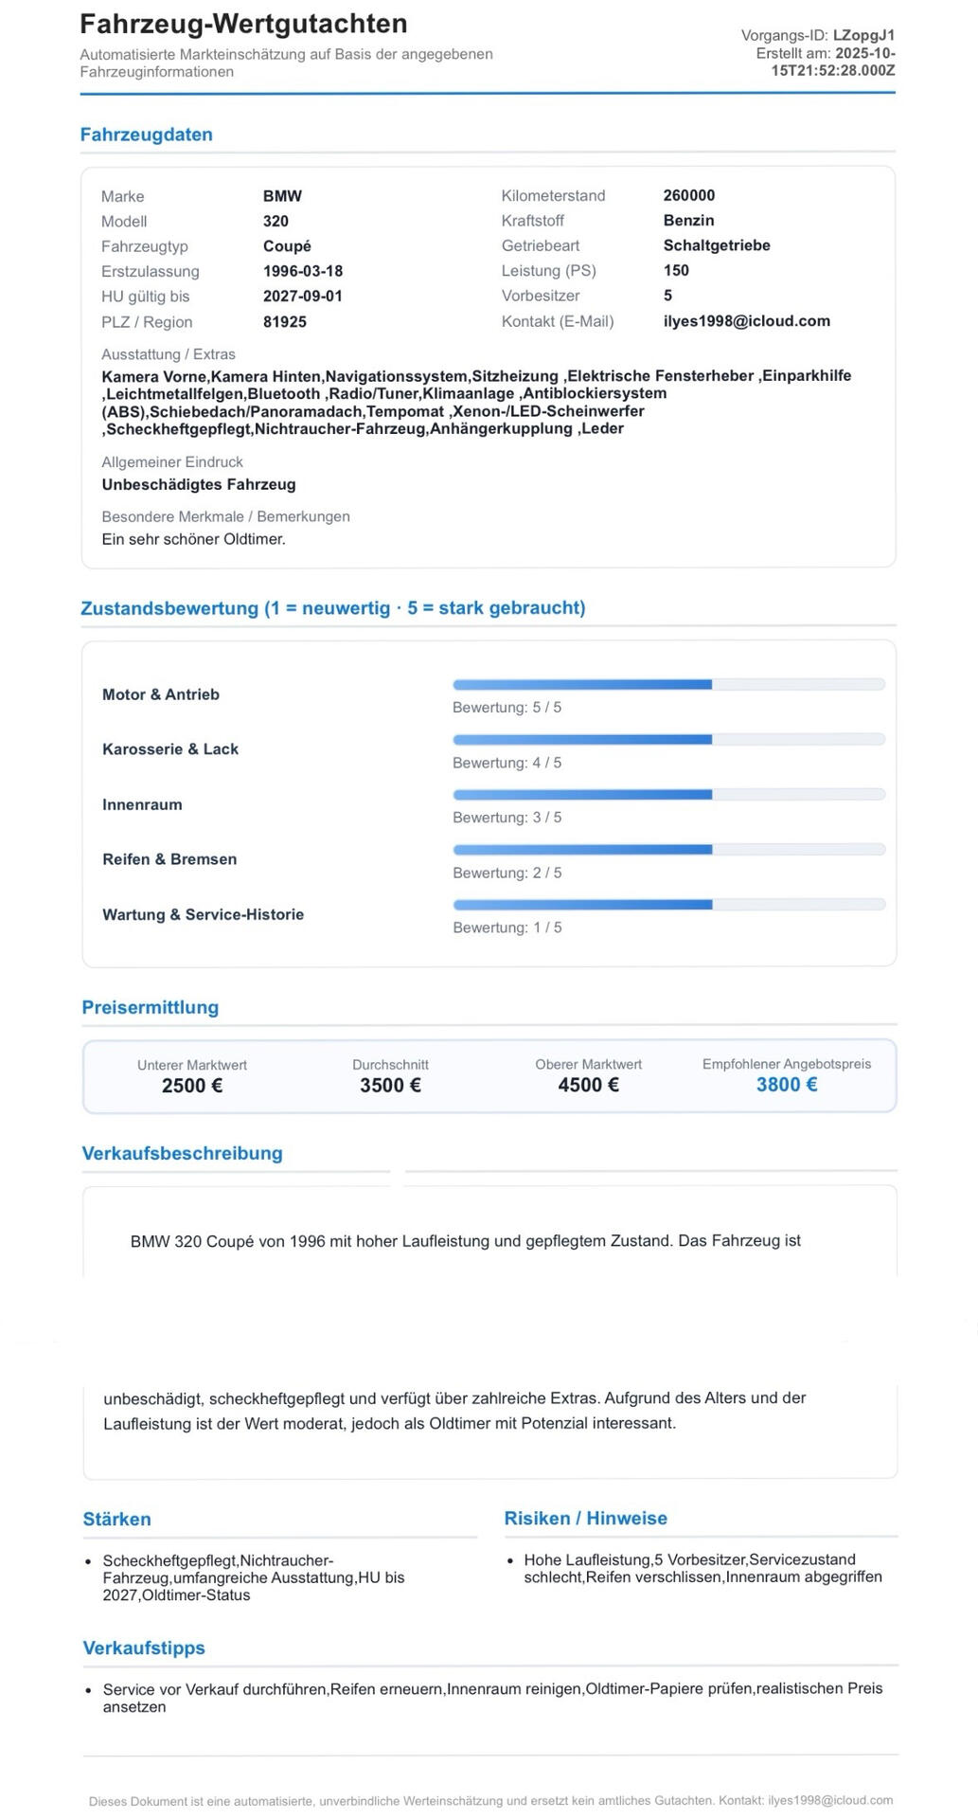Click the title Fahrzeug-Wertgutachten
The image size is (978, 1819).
pos(243,24)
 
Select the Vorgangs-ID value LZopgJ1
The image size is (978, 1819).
pos(863,36)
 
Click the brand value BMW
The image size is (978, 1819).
pos(282,196)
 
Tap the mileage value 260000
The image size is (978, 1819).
pos(688,195)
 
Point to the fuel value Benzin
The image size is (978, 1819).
pos(688,221)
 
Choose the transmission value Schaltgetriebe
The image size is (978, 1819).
pos(716,245)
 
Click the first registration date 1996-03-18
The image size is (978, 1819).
pos(302,271)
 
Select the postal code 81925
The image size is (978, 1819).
pos(284,322)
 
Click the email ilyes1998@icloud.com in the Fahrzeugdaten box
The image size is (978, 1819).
pos(746,321)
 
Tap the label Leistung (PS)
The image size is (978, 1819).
pos(548,271)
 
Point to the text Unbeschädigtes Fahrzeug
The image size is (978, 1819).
pos(199,484)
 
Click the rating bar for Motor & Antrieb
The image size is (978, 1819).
pos(668,684)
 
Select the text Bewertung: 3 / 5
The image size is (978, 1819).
pos(507,818)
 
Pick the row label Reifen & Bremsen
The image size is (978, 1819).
pos(169,859)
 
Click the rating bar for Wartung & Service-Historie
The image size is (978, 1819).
pos(668,905)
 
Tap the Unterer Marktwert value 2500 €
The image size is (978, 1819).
pos(192,1086)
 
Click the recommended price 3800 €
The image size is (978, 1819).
pos(786,1085)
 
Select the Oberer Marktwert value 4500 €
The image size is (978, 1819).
pos(588,1086)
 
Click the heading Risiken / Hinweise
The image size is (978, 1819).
pos(585,1518)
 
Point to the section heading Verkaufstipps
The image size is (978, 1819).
pos(144,1648)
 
